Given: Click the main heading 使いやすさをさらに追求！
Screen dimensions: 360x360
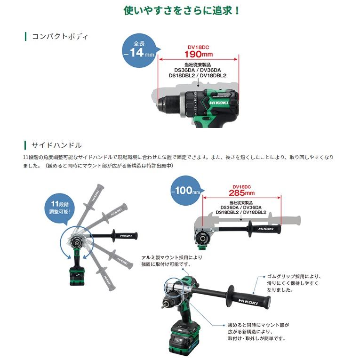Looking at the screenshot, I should (x=182, y=10).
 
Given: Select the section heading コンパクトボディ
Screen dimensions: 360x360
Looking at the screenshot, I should (x=59, y=36).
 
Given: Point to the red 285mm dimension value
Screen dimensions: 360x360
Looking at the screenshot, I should (x=241, y=192).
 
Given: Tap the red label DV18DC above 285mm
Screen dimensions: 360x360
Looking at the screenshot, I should (x=241, y=186).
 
